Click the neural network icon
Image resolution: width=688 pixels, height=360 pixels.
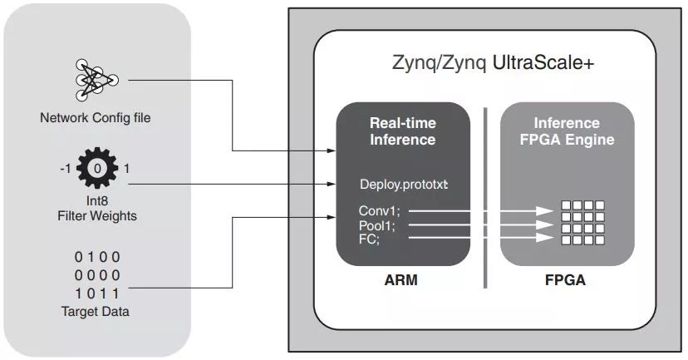96,80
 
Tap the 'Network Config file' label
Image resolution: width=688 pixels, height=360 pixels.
96,118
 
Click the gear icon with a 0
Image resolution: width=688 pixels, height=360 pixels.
96,169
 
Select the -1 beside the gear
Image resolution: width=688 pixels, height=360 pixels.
65,169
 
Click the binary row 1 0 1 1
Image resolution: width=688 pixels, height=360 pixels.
96,293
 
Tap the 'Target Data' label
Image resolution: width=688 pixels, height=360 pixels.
96,313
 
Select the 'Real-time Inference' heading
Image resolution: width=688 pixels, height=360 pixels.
402,131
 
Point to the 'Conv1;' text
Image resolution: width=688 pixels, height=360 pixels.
379,210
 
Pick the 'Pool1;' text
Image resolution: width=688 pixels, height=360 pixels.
379,224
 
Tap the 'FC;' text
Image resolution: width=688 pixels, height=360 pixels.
370,239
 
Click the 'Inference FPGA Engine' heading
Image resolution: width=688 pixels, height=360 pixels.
568,131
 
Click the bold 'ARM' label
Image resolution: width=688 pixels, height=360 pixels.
402,280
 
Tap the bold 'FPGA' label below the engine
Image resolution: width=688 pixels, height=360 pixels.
568,280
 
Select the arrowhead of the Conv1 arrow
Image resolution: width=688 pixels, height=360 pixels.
545,211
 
